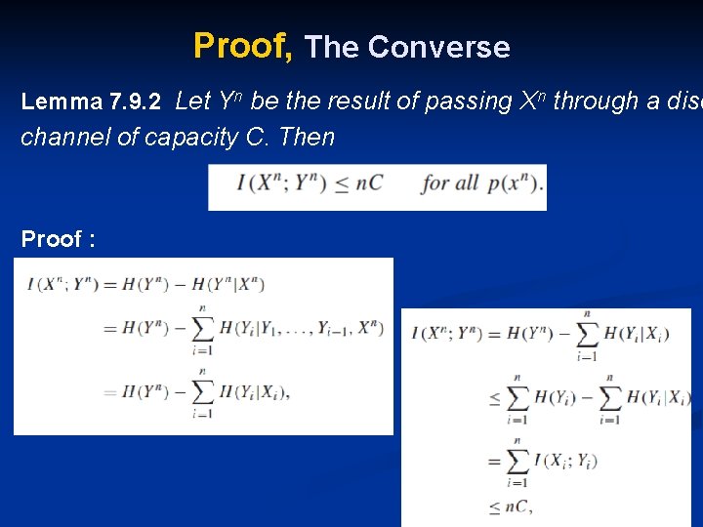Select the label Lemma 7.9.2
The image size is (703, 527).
pyautogui.click(x=90, y=102)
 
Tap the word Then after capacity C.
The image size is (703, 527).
pyautogui.click(x=307, y=137)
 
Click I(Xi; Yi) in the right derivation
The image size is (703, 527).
pyautogui.click(x=565, y=461)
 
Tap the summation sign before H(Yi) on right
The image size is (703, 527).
pyautogui.click(x=517, y=397)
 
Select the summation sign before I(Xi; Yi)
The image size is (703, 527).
pyautogui.click(x=517, y=460)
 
